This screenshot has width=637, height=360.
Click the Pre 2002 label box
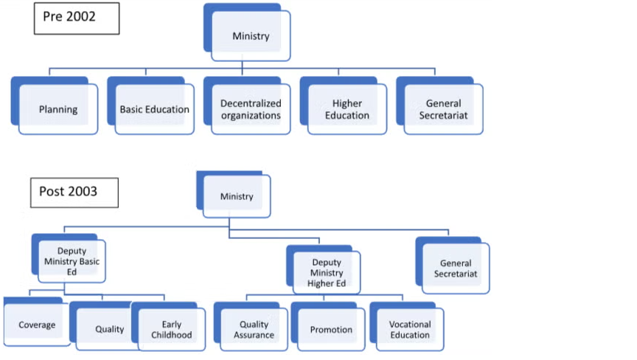pos(76,17)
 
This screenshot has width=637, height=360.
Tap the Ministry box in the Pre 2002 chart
pos(251,35)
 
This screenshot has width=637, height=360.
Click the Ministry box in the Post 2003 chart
pos(237,196)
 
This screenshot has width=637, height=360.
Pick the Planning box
pos(58,109)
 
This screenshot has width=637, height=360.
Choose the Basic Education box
pos(154,109)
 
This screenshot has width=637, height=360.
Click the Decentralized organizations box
pos(251,109)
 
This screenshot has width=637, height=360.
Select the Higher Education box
pos(347,109)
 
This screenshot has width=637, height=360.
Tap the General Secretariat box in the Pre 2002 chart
pos(444,109)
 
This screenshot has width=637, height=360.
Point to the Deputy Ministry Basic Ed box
pos(72,262)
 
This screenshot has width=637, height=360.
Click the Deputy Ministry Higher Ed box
pos(327,272)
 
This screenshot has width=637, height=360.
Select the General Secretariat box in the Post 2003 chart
pos(456,268)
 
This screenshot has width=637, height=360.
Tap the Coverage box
pos(37,325)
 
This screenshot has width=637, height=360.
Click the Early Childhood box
pos(172,329)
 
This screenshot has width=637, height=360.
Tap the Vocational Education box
pos(410,329)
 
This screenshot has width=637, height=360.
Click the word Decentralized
pos(251,103)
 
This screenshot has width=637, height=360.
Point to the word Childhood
pos(172,335)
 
